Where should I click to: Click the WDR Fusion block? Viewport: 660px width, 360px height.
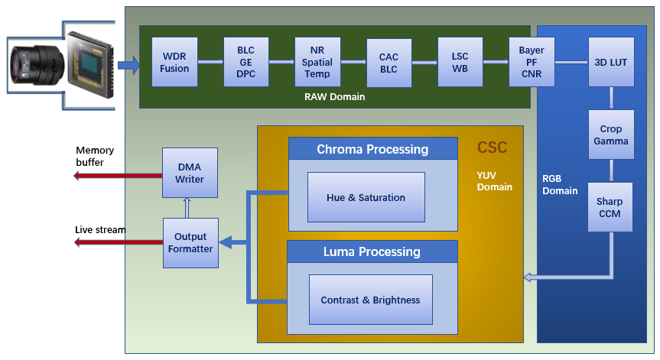pyautogui.click(x=174, y=63)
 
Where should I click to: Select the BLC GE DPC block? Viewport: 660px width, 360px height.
pyautogui.click(x=245, y=62)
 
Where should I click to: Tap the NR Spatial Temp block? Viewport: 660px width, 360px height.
pyautogui.click(x=317, y=62)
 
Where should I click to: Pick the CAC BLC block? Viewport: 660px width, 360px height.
pyautogui.click(x=389, y=63)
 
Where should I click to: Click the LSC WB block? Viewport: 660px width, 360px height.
pyautogui.click(x=460, y=63)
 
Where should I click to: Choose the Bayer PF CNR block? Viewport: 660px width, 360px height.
pyautogui.click(x=532, y=62)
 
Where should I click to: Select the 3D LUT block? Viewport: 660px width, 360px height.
pyautogui.click(x=610, y=62)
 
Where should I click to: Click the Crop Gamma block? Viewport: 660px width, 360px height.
pyautogui.click(x=610, y=135)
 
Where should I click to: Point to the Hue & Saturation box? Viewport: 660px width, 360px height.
pyautogui.click(x=366, y=197)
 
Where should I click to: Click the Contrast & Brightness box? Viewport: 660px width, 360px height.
pyautogui.click(x=370, y=300)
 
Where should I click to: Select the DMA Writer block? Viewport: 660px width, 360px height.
pyautogui.click(x=190, y=172)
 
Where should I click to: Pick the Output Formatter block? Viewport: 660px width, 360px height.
pyautogui.click(x=190, y=242)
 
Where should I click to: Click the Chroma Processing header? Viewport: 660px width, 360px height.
pyautogui.click(x=372, y=149)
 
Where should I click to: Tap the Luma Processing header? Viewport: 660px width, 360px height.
pyautogui.click(x=372, y=251)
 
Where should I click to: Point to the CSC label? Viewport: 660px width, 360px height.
pyautogui.click(x=492, y=148)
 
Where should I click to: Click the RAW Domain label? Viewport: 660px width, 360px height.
pyautogui.click(x=334, y=97)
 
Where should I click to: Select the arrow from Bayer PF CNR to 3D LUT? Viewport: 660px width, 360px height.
pyautogui.click(x=571, y=63)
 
